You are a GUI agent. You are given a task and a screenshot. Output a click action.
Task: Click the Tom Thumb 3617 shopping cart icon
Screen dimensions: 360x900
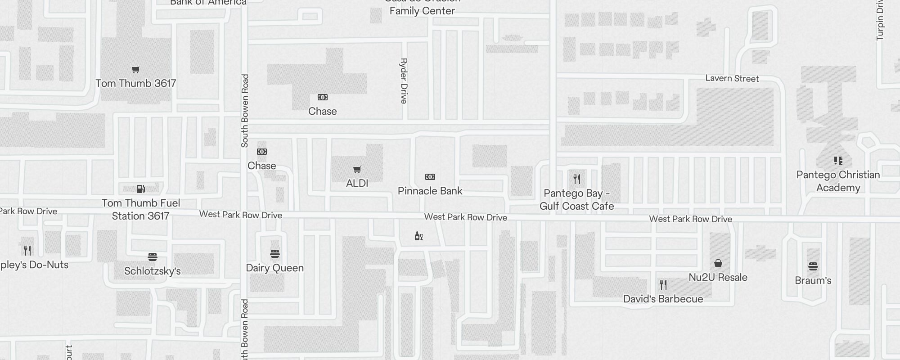coord(135,69)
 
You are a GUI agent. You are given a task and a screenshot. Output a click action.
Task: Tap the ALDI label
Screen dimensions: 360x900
coord(357,184)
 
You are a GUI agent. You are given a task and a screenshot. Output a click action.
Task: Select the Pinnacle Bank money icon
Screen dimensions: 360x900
coord(430,177)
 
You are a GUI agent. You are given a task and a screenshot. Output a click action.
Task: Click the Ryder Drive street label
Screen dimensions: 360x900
coord(404,81)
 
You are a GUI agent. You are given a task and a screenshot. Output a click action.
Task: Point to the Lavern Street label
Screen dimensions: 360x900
coord(732,79)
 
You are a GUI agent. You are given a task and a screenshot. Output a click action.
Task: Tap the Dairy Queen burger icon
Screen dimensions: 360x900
coord(275,254)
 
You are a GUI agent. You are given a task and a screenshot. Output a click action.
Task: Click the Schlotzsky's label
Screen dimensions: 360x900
coord(152,271)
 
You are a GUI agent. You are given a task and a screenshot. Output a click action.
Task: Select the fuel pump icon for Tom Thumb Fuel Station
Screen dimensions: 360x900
coord(140,189)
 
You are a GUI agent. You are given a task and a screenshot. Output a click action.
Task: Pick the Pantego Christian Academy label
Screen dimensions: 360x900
coord(838,181)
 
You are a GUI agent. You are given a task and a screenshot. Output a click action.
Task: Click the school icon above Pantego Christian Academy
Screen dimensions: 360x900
coord(838,161)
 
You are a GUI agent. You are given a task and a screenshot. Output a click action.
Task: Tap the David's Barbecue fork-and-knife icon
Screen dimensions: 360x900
coord(663,285)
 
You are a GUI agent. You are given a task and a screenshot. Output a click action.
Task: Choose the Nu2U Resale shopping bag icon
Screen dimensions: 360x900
coord(718,263)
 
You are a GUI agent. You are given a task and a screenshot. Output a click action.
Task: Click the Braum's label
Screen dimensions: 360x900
coord(813,281)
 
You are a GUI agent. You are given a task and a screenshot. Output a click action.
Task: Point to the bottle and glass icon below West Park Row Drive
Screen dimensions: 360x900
coord(418,236)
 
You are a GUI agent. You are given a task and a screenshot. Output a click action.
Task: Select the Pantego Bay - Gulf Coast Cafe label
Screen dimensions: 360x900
coord(576,200)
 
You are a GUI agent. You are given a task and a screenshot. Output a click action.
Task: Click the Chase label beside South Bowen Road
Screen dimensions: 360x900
coord(261,166)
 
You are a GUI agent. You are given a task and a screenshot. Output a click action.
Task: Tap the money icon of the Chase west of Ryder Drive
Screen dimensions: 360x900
coord(323,97)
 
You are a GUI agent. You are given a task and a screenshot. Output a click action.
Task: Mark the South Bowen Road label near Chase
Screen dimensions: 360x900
coord(245,111)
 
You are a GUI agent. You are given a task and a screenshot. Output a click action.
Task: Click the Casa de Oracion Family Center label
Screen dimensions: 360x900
coord(422,7)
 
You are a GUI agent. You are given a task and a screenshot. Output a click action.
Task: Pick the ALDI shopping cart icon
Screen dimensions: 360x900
coord(357,170)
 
